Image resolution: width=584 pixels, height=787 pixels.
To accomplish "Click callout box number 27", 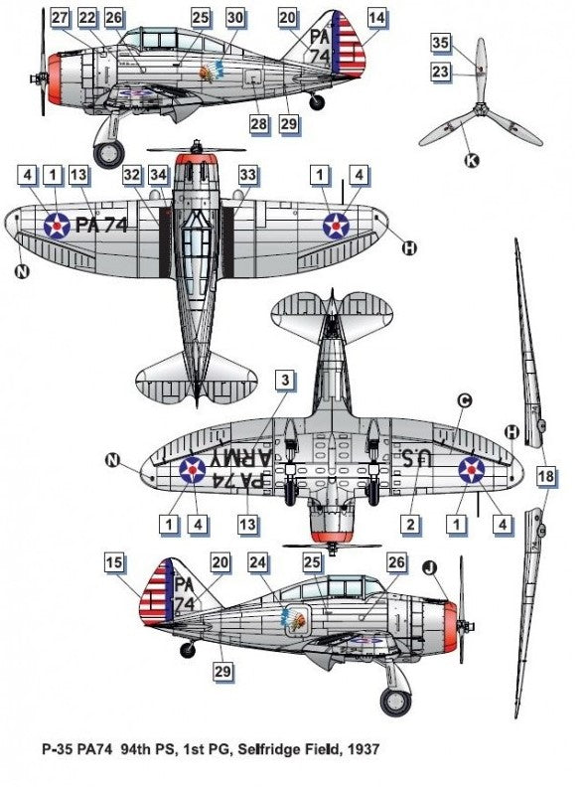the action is pyautogui.click(x=60, y=18).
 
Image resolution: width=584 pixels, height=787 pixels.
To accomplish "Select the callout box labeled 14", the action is pyautogui.click(x=376, y=18).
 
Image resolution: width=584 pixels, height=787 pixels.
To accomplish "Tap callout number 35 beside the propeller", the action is pyautogui.click(x=440, y=43).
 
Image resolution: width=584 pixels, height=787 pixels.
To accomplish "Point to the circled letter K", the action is pyautogui.click(x=472, y=160).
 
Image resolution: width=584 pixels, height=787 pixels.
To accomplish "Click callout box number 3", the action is pyautogui.click(x=285, y=380).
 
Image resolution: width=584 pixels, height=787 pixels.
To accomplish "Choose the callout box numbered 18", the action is pyautogui.click(x=546, y=475).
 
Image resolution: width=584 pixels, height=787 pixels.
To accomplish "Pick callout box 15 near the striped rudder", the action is pyautogui.click(x=114, y=562).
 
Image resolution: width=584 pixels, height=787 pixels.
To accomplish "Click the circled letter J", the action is pyautogui.click(x=430, y=567).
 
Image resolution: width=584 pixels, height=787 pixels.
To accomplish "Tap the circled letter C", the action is pyautogui.click(x=465, y=400).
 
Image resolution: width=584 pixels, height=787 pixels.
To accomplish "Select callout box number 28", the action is pyautogui.click(x=258, y=123).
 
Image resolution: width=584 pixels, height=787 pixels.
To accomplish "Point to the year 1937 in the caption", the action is pyautogui.click(x=362, y=750).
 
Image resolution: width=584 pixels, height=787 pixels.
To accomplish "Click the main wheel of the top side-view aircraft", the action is pyautogui.click(x=108, y=154).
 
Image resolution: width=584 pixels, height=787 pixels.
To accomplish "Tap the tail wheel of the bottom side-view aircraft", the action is pyautogui.click(x=188, y=649).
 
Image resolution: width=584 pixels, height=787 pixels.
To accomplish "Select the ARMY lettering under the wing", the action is pyautogui.click(x=236, y=458).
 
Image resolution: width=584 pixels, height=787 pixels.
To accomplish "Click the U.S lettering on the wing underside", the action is pyautogui.click(x=417, y=458).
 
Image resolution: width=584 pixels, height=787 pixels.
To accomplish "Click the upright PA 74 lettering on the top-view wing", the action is pyautogui.click(x=101, y=226).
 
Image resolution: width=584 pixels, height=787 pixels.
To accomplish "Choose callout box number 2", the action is pyautogui.click(x=411, y=525).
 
